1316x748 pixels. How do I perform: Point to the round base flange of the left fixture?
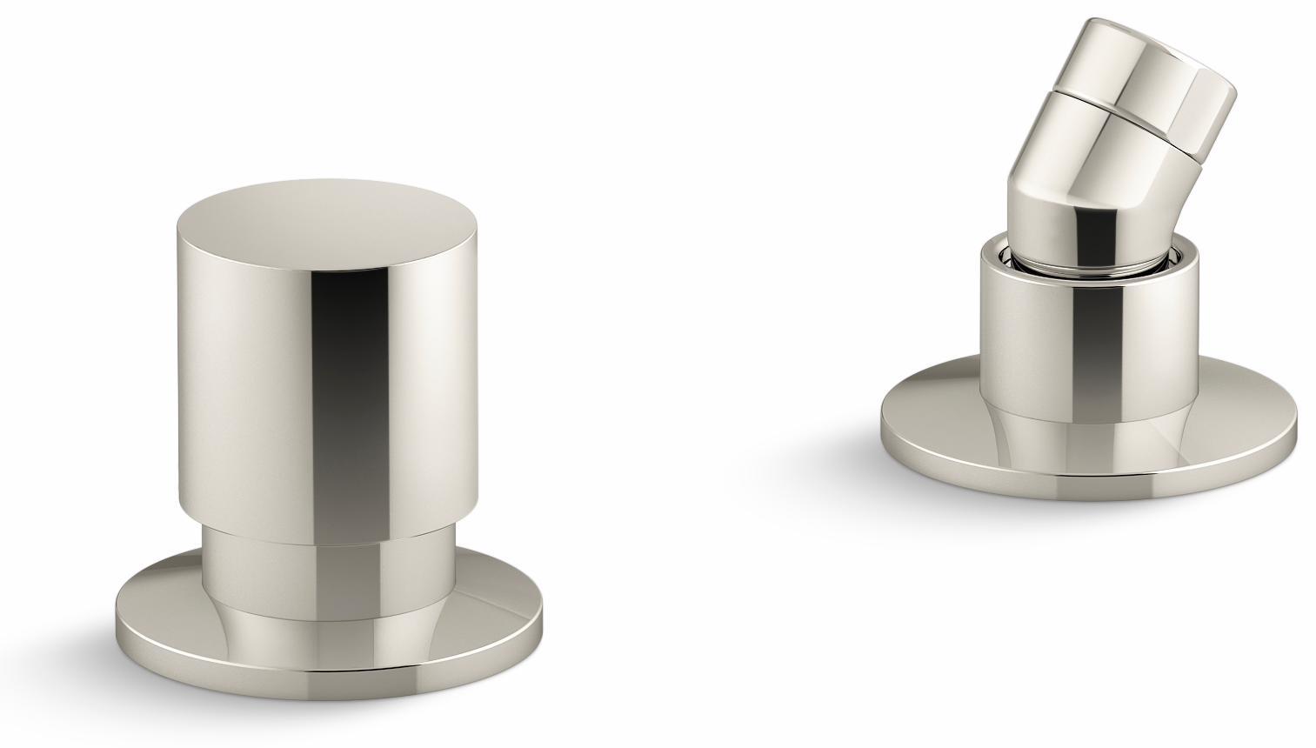174,609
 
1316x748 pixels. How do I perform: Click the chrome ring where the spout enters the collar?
1079,261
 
